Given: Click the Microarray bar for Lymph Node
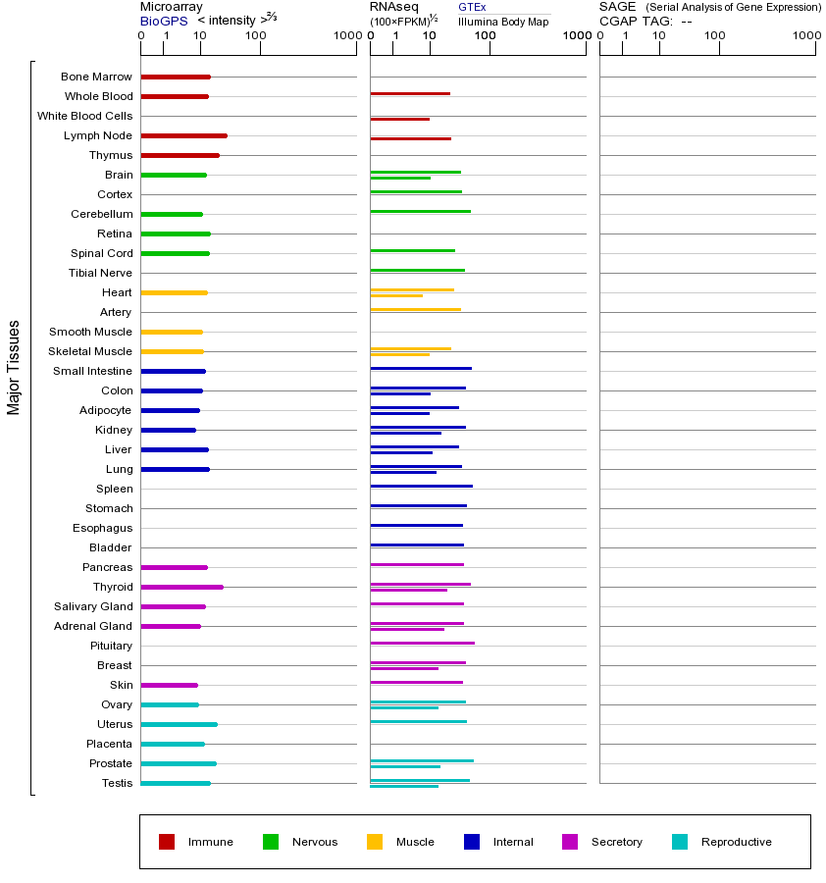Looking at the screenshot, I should [x=183, y=135].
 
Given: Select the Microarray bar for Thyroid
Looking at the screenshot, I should [x=181, y=587].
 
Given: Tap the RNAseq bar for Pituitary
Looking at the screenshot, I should [x=422, y=643].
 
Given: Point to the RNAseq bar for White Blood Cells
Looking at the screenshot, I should [x=399, y=119].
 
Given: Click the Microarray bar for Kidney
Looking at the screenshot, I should [x=168, y=430].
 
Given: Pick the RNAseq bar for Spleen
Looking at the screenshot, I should [x=421, y=486].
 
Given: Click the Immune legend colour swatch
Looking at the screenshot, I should [x=167, y=842].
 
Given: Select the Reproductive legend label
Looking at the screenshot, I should [x=736, y=842].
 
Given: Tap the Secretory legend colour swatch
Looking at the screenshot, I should [x=570, y=842].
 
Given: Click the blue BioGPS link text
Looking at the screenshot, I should [x=162, y=20].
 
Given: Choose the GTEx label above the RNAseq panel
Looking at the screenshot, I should [x=472, y=7].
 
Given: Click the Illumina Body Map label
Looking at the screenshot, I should [x=503, y=21].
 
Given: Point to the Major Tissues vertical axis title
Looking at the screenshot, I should [x=14, y=367].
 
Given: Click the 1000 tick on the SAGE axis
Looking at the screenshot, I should [x=805, y=36].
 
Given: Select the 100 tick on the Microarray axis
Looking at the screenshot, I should [x=255, y=36].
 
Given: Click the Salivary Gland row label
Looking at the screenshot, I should [x=93, y=606].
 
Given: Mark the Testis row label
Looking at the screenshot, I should [x=117, y=783].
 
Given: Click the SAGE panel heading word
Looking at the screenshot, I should [x=617, y=7].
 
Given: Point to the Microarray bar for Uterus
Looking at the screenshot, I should [x=179, y=724].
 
